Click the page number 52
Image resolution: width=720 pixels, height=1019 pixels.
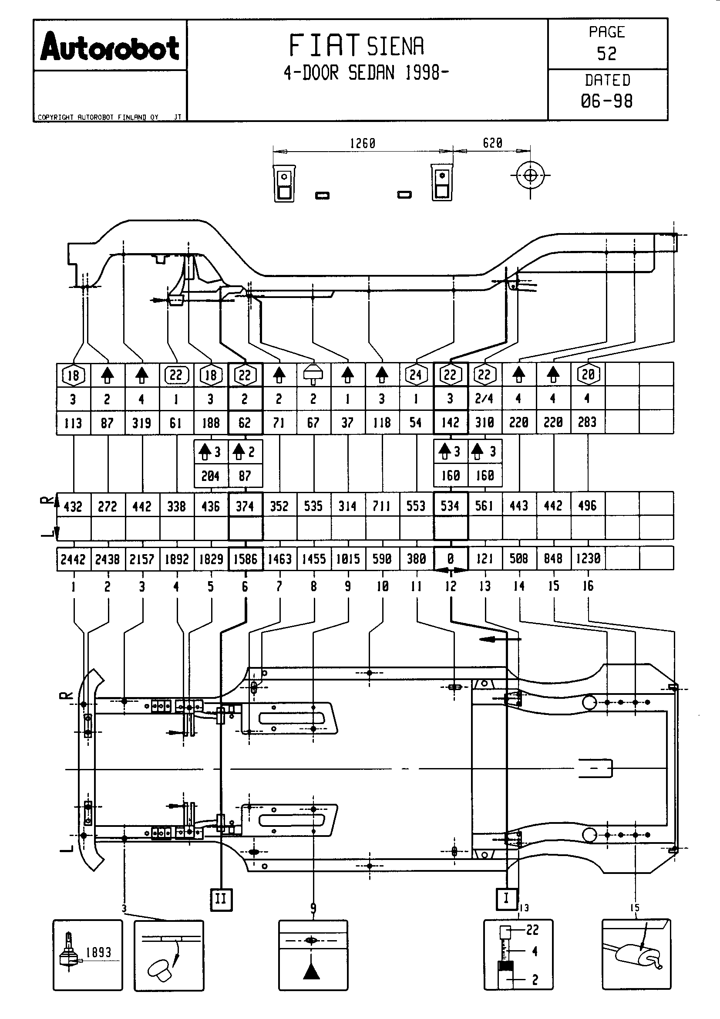[606, 54]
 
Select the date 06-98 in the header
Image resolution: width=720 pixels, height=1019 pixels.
[606, 101]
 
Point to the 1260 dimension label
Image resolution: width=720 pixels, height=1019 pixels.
[362, 143]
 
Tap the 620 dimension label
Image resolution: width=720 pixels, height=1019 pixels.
[492, 143]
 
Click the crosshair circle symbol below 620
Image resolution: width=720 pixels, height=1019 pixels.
[530, 176]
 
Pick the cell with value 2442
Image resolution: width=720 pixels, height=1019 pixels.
[73, 559]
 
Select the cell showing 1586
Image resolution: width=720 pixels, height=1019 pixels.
[245, 559]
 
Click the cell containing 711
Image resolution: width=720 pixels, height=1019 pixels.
[382, 506]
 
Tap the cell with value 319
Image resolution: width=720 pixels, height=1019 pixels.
[142, 423]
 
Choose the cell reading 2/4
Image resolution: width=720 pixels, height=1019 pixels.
[484, 399]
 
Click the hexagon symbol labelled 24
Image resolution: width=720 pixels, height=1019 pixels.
[416, 375]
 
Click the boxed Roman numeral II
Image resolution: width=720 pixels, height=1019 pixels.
[221, 899]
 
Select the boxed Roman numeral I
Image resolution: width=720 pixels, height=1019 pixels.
[506, 898]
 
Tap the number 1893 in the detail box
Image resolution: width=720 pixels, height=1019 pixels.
[98, 952]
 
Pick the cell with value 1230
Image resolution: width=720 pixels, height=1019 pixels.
[588, 559]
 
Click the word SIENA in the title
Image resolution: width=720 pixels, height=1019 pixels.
[395, 46]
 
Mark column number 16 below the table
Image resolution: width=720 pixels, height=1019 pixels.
[588, 586]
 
